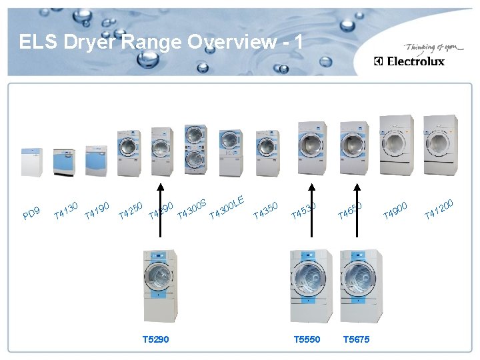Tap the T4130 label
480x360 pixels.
point(67,209)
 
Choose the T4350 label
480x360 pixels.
point(265,210)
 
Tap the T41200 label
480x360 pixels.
point(439,209)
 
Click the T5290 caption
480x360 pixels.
point(155,339)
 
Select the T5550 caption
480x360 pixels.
point(307,339)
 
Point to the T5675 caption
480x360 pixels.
point(356,339)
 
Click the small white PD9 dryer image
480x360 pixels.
point(31,161)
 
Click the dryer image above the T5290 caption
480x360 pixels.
point(161,285)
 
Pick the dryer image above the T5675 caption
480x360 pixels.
point(357,285)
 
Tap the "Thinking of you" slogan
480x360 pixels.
point(429,48)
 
